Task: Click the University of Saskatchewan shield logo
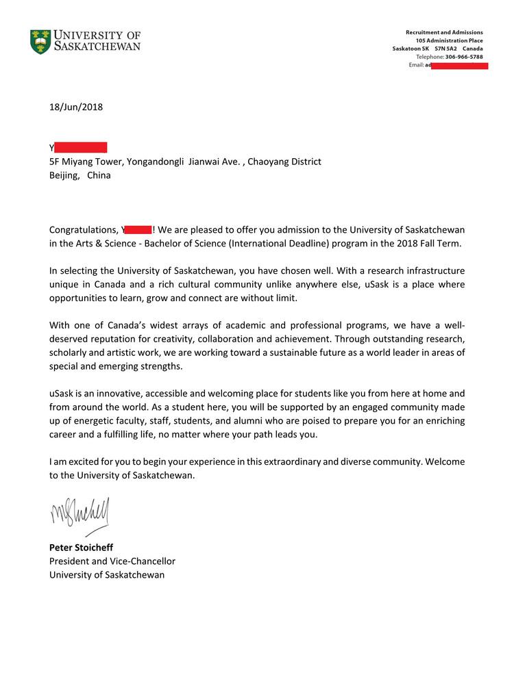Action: tap(40, 42)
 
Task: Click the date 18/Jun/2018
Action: tap(75, 107)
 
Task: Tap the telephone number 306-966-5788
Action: tap(464, 57)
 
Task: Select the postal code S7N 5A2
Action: tap(445, 49)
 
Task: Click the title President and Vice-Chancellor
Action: tap(112, 561)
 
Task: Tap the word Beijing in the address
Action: tap(64, 175)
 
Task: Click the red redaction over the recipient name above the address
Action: tap(81, 148)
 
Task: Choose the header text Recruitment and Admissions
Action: tap(444, 32)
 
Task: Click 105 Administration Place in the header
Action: tap(449, 40)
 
